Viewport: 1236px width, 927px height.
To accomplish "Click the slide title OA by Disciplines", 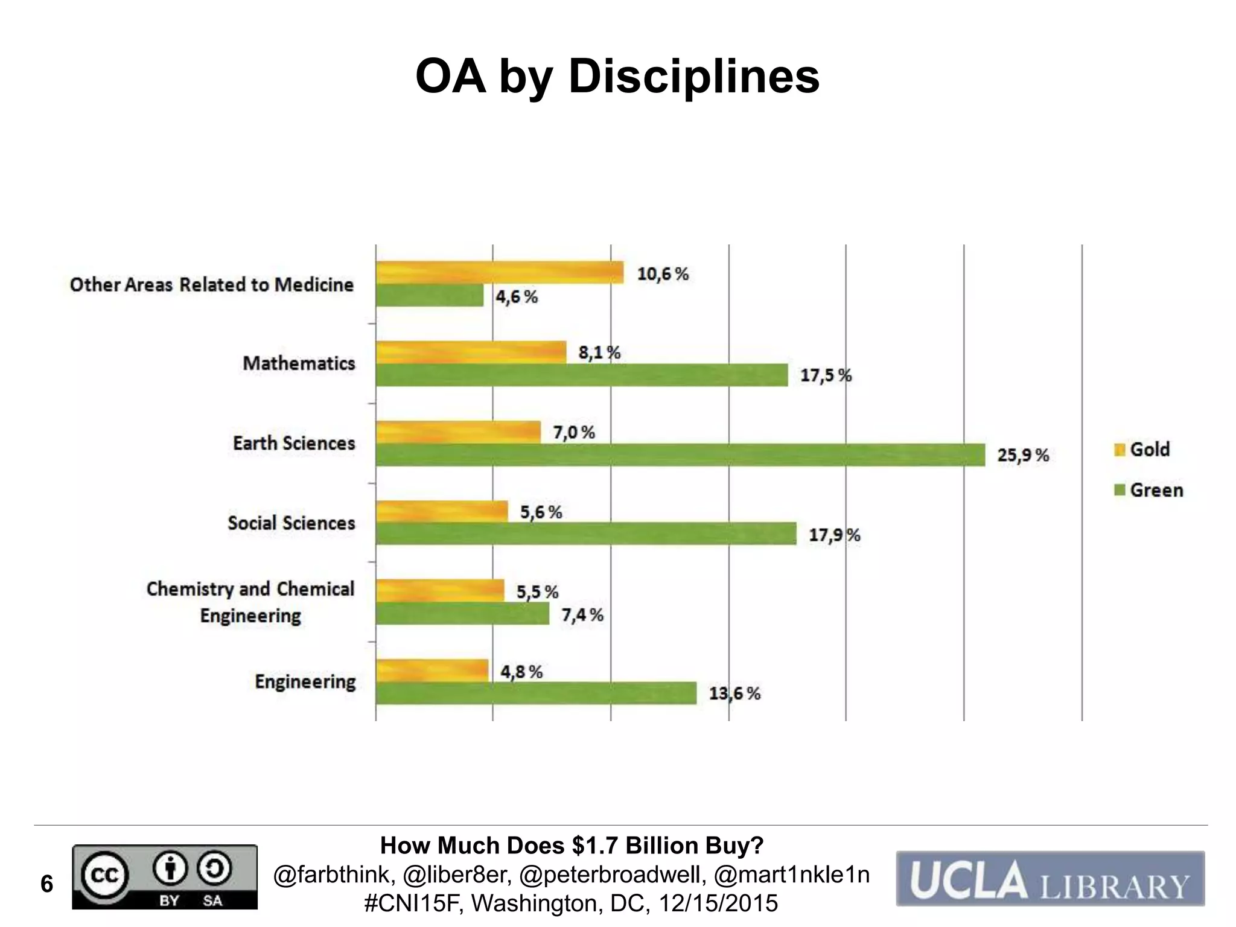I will point(617,77).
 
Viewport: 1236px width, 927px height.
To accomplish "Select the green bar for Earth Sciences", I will point(680,455).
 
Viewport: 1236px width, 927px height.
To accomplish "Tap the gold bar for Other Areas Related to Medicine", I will point(499,272).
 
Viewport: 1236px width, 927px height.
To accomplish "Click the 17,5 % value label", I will point(825,375).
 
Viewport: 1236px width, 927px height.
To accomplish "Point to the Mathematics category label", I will point(299,363).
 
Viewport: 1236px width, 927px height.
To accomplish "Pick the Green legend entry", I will point(1148,490).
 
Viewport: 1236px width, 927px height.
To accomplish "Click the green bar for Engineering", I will point(535,693).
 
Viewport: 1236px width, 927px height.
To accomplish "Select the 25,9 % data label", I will point(1022,455).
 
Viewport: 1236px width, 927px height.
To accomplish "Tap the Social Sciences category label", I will point(291,523).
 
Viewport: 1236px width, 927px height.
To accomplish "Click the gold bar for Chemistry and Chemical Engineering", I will point(439,590).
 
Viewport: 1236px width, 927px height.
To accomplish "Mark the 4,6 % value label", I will point(517,297).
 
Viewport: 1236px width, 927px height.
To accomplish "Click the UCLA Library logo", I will point(1050,879).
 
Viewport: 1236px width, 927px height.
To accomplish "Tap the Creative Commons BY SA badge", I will point(165,876).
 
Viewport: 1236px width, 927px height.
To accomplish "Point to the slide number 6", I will point(46,884).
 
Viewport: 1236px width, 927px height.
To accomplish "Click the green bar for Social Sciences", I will point(585,534).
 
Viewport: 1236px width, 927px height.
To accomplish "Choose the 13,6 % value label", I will point(734,693).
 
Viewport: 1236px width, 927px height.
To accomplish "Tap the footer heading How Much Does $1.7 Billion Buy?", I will point(572,846).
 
